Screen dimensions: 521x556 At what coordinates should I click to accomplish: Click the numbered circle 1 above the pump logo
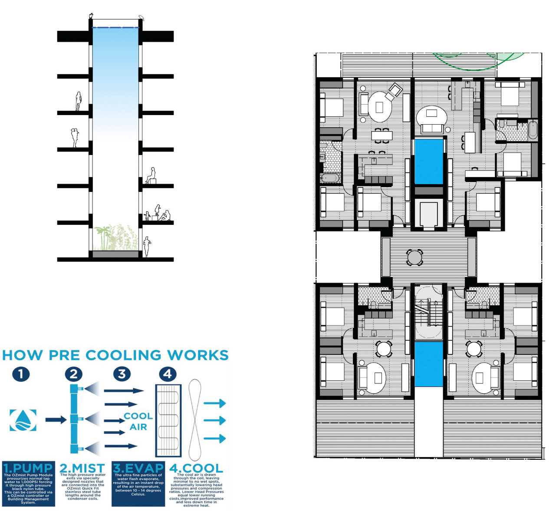click(21, 374)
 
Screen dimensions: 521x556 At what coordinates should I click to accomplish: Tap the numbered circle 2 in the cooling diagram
click(74, 374)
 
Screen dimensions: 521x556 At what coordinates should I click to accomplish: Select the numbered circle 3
click(122, 374)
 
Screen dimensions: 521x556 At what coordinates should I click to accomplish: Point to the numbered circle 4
click(168, 374)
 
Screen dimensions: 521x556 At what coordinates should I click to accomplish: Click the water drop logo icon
click(23, 420)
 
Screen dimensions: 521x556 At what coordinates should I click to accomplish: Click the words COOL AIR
click(138, 421)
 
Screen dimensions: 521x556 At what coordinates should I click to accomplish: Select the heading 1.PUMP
click(28, 468)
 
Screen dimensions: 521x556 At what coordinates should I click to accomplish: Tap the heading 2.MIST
click(82, 468)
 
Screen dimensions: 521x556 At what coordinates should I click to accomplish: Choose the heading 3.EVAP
click(138, 468)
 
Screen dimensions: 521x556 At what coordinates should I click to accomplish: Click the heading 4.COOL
click(196, 468)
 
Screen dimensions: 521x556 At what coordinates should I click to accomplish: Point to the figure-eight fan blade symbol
click(195, 420)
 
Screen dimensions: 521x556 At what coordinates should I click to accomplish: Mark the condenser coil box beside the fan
click(168, 420)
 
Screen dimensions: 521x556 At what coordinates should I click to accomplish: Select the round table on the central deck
click(415, 257)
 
